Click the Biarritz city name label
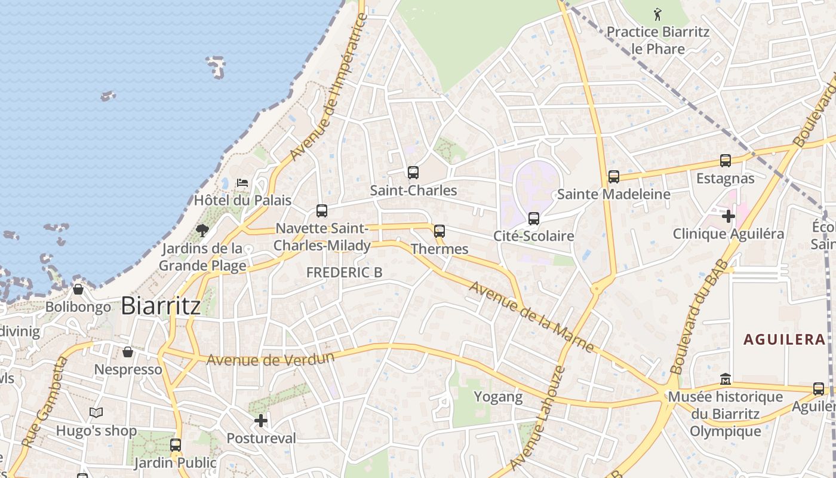[x=161, y=306]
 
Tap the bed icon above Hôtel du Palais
[x=242, y=182]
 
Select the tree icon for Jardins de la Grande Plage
[x=202, y=230]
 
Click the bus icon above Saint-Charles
[x=413, y=173]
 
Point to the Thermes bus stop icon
[x=439, y=231]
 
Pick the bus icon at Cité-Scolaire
[x=534, y=218]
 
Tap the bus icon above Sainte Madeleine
[x=614, y=177]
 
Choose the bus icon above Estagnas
[x=726, y=161]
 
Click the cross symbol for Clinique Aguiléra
[x=729, y=216]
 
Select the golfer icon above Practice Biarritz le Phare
[x=658, y=13]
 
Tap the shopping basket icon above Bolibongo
[x=78, y=289]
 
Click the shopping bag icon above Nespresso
[x=128, y=352]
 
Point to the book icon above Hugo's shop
[x=96, y=413]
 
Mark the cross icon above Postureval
[x=261, y=421]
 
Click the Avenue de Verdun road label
[x=270, y=359]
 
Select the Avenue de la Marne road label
[x=531, y=316]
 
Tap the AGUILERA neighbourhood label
[x=785, y=339]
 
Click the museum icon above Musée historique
[x=725, y=379]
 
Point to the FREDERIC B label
[x=344, y=272]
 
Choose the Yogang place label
[x=498, y=396]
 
